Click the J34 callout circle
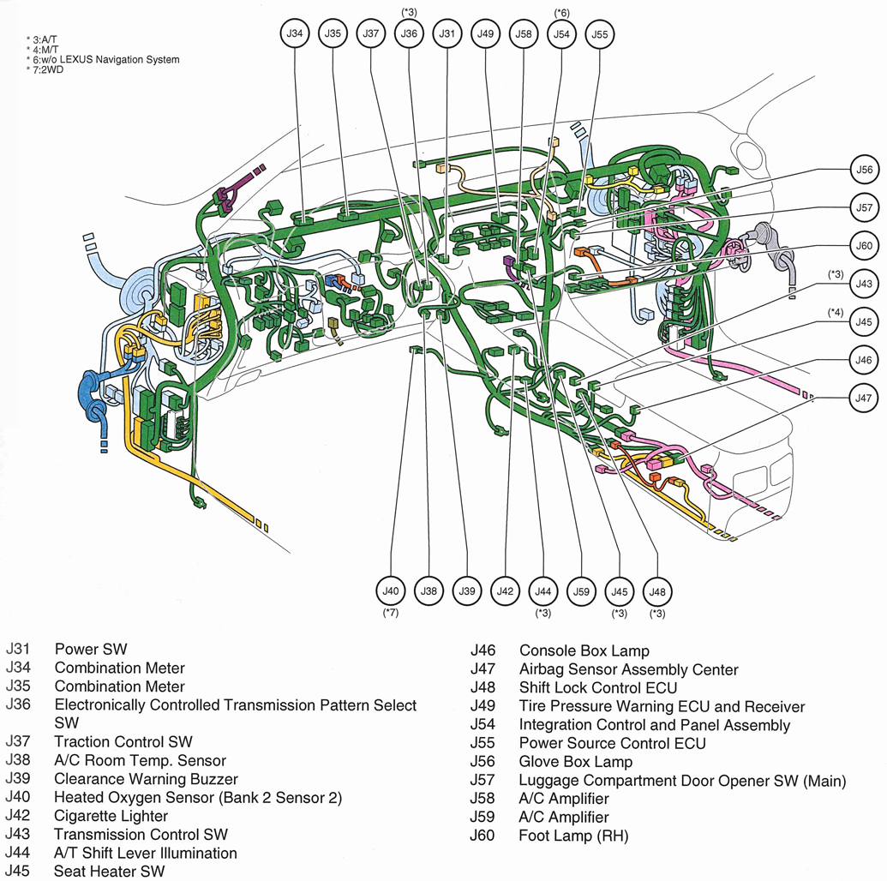296,34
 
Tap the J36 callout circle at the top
409,34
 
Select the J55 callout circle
600,34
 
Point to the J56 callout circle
863,170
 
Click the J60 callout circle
863,246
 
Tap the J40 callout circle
391,591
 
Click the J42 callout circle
506,591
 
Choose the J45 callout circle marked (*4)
863,322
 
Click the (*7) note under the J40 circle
391,613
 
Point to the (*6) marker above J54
561,13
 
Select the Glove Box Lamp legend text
576,762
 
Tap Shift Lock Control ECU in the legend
598,688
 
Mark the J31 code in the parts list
18,650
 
